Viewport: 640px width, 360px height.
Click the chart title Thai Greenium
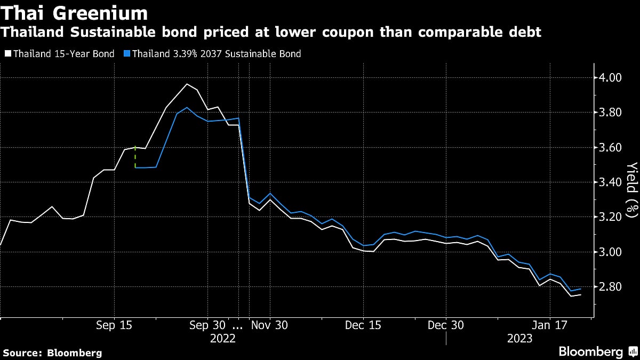click(x=75, y=12)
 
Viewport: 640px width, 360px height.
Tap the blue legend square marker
click(x=126, y=54)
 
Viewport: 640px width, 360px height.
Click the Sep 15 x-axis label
click(x=114, y=325)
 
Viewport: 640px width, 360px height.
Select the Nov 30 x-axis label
click(x=270, y=325)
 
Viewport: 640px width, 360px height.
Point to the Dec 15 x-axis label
click(x=363, y=325)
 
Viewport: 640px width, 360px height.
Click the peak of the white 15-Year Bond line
click(x=187, y=84)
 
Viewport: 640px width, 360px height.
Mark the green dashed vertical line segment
click(x=135, y=157)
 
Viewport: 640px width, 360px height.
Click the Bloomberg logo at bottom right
click(x=591, y=352)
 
